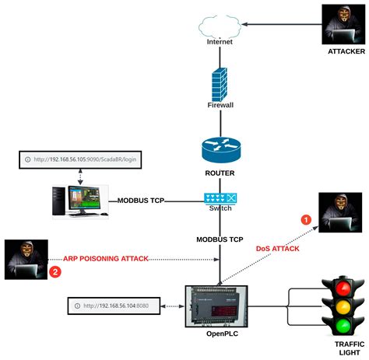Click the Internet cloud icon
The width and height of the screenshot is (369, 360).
(220, 26)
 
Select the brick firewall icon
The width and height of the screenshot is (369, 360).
(220, 82)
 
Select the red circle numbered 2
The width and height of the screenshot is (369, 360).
(54, 271)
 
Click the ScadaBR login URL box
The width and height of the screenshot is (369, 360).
(81, 159)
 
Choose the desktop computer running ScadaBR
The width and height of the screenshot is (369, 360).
(78, 200)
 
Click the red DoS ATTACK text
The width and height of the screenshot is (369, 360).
(277, 248)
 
